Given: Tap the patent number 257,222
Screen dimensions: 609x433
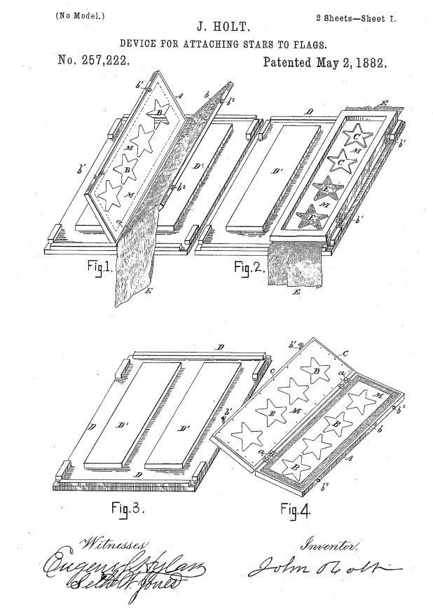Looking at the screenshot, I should click(x=93, y=62).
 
